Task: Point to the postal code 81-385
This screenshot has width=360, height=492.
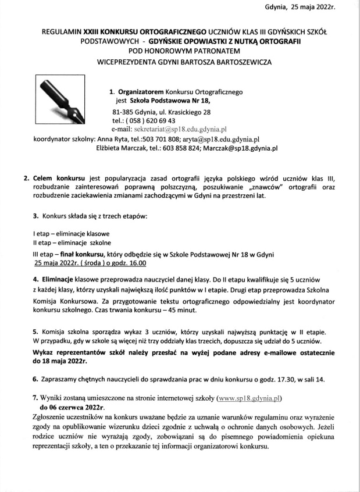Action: pyautogui.click(x=123, y=112)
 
